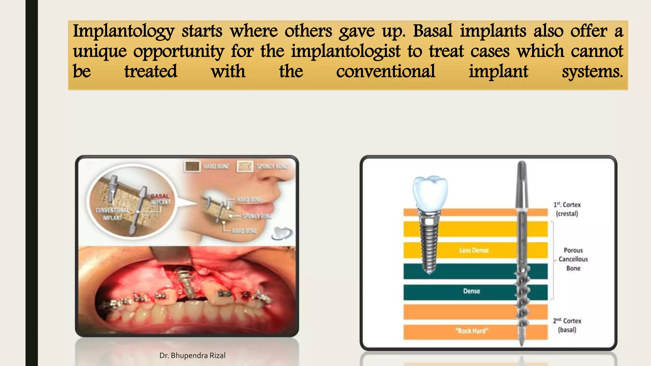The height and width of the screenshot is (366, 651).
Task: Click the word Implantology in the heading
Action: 124,32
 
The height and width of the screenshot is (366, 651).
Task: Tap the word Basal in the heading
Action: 433,31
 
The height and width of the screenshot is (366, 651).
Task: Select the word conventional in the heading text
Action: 386,71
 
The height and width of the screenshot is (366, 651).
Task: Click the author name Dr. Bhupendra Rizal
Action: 192,356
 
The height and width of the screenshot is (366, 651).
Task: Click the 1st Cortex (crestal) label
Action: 567,209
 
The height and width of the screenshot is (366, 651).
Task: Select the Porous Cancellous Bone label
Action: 573,259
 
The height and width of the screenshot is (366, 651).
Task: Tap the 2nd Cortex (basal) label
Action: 567,325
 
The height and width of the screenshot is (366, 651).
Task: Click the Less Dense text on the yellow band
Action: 474,250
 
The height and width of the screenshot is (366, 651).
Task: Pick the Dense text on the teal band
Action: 471,291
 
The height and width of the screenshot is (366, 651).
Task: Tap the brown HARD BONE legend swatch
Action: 192,166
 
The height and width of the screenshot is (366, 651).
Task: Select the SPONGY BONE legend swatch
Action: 245,166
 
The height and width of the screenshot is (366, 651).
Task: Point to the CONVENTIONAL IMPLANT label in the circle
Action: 112,214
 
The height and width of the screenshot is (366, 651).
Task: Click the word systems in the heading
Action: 592,71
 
